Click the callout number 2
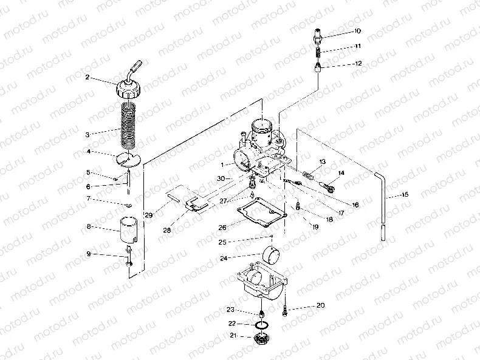pyautogui.click(x=87, y=77)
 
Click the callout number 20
pyautogui.click(x=321, y=305)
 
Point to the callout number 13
pyautogui.click(x=323, y=161)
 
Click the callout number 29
pyautogui.click(x=148, y=215)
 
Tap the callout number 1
pyautogui.click(x=222, y=165)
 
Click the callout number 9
pyautogui.click(x=89, y=254)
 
